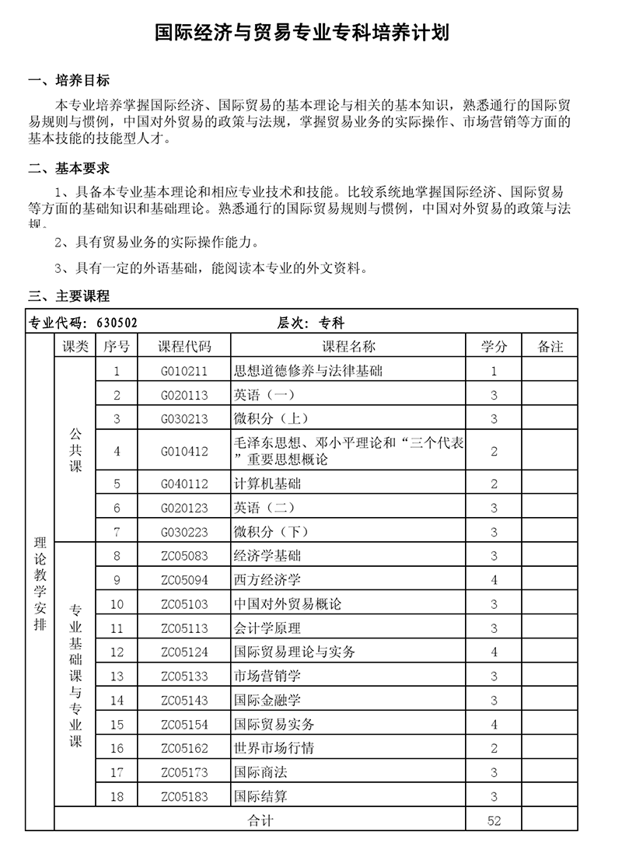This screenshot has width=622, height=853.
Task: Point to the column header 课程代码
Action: pyautogui.click(x=184, y=347)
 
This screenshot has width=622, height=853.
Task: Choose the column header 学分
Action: pyautogui.click(x=494, y=347)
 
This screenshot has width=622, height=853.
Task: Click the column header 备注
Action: pyautogui.click(x=550, y=347)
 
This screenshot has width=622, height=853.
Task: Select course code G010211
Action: pyautogui.click(x=184, y=371)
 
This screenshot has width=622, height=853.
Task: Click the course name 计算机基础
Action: pyautogui.click(x=267, y=484)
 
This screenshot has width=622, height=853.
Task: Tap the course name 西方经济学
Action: pyautogui.click(x=267, y=580)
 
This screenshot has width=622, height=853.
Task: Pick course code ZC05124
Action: pyautogui.click(x=184, y=652)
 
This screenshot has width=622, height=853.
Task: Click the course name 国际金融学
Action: pyautogui.click(x=267, y=701)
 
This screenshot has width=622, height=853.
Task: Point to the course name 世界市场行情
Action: pyautogui.click(x=274, y=749)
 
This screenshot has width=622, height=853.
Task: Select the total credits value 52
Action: pyautogui.click(x=494, y=820)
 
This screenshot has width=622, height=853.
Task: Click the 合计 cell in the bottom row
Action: pyautogui.click(x=260, y=820)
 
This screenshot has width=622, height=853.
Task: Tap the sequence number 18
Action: pyautogui.click(x=117, y=797)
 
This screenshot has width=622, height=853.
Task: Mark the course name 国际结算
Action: pyautogui.click(x=260, y=797)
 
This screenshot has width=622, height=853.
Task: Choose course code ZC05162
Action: pyautogui.click(x=184, y=749)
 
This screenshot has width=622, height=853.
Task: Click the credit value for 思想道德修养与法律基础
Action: pyautogui.click(x=494, y=371)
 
